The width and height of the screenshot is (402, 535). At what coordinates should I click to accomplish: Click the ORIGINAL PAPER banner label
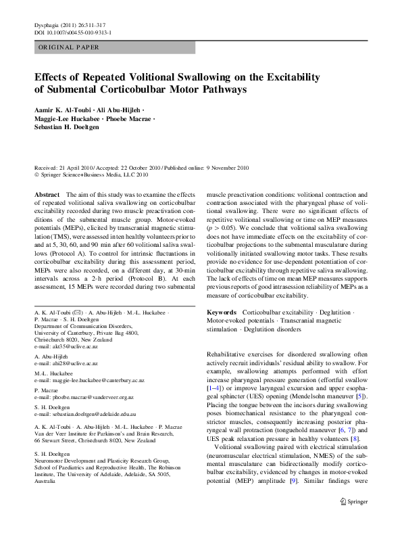(x=68, y=47)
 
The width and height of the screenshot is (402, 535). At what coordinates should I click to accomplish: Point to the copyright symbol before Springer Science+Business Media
(x=36, y=174)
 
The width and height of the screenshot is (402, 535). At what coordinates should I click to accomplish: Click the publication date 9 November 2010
(x=224, y=167)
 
